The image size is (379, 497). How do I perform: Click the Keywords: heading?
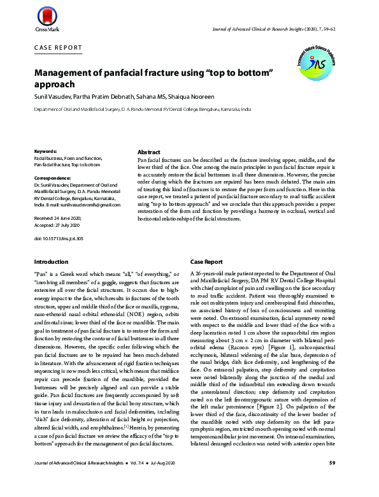tap(46, 151)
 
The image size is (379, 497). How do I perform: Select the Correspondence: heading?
tap(53, 178)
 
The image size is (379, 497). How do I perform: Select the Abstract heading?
tap(150, 154)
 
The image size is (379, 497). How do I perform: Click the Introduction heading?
tap(51, 262)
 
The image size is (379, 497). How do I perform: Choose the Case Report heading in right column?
tap(206, 262)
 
